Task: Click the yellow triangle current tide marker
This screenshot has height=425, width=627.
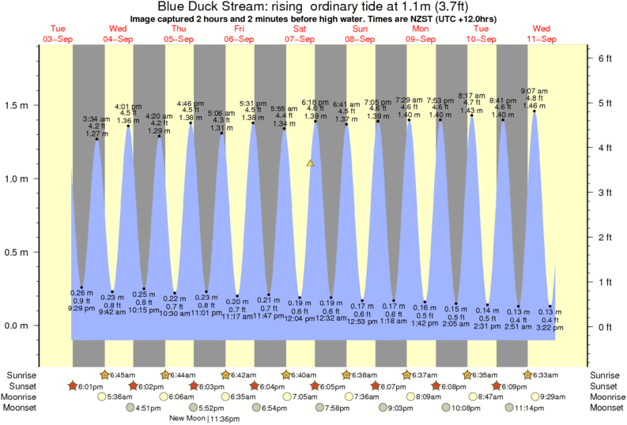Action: (311, 164)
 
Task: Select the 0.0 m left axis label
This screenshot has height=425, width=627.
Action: (20, 325)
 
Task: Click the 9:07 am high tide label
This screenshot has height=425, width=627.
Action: (534, 90)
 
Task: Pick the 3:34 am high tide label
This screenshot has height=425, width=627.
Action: (96, 119)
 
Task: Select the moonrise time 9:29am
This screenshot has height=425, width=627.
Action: (553, 397)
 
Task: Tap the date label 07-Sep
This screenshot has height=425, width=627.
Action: (300, 39)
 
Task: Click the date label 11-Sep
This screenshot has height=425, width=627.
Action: (542, 39)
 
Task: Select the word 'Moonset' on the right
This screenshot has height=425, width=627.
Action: (606, 408)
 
